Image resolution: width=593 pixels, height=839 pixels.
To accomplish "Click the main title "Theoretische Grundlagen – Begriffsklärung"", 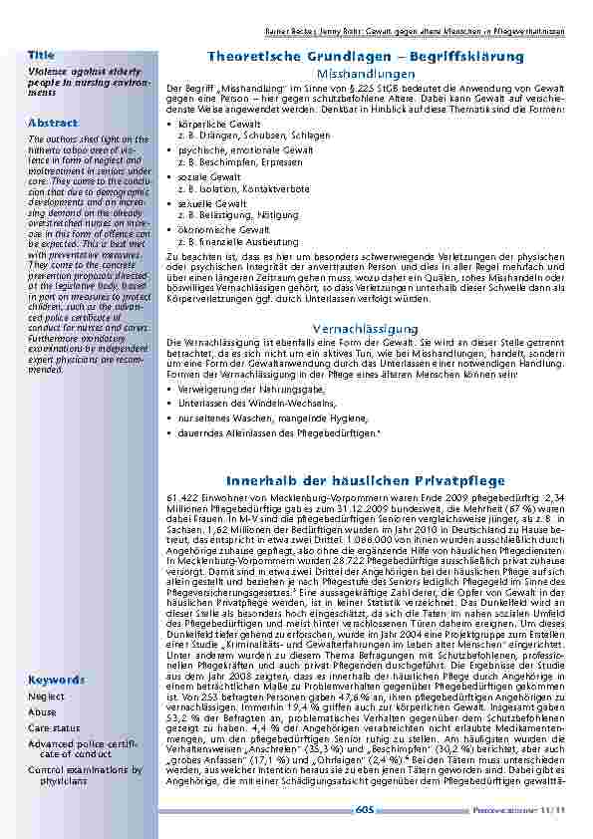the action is [x=365, y=58].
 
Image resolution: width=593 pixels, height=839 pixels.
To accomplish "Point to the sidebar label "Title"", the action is [x=41, y=55].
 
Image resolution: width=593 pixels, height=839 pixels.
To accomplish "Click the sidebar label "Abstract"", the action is [x=52, y=123].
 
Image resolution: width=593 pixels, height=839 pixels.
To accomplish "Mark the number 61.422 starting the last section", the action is [x=185, y=495].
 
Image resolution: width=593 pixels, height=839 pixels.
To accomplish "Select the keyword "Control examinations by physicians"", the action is [x=85, y=775].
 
